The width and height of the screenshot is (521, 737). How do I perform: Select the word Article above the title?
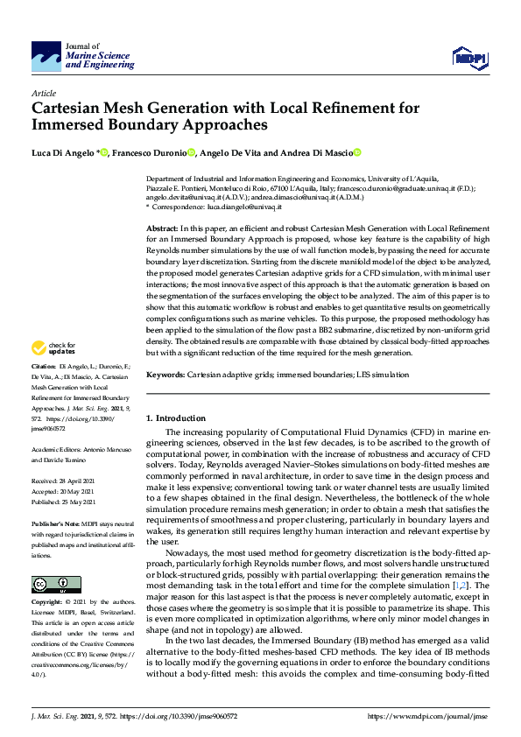click(43, 92)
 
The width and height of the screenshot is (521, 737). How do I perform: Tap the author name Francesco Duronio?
click(150, 153)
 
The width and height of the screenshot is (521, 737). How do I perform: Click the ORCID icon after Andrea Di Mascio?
click(357, 153)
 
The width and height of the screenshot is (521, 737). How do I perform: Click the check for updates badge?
click(54, 348)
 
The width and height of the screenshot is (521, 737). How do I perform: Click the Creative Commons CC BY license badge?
click(50, 583)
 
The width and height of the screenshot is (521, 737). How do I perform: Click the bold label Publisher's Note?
click(54, 522)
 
